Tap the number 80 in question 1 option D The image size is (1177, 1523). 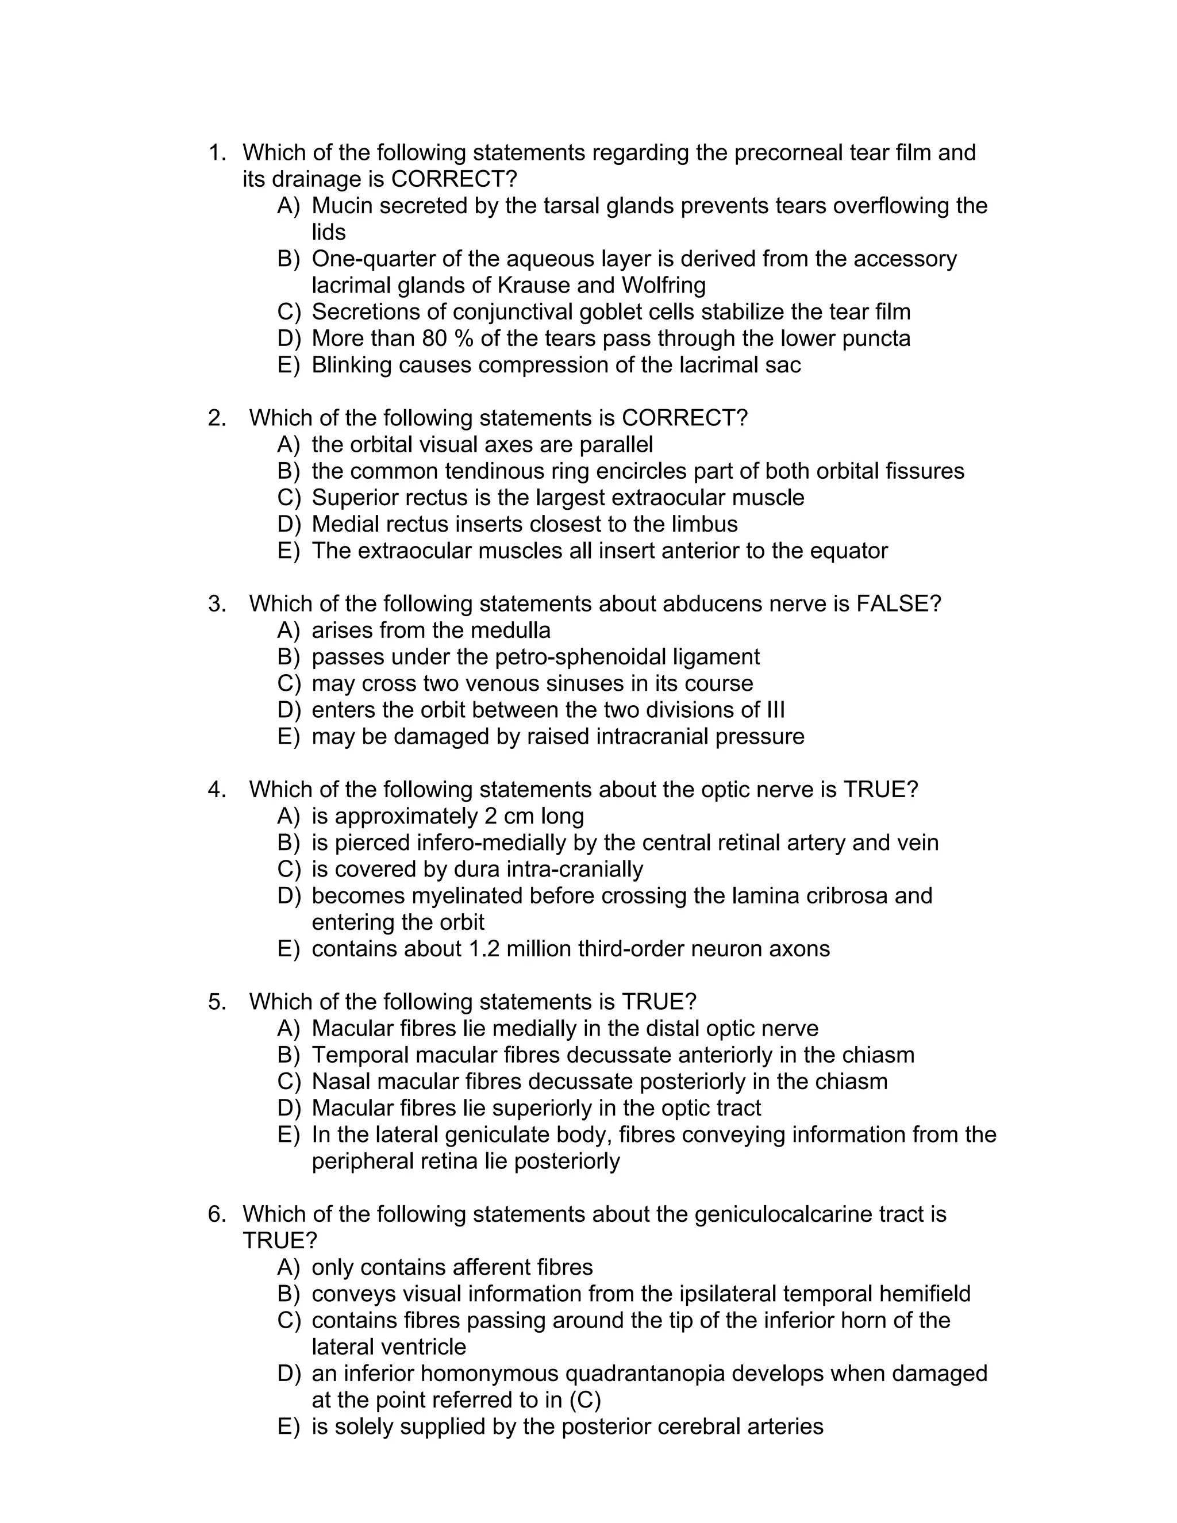pos(435,338)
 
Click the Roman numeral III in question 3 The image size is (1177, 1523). pos(775,709)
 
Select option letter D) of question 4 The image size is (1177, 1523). pos(289,895)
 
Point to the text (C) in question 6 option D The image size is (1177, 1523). pos(585,1399)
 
